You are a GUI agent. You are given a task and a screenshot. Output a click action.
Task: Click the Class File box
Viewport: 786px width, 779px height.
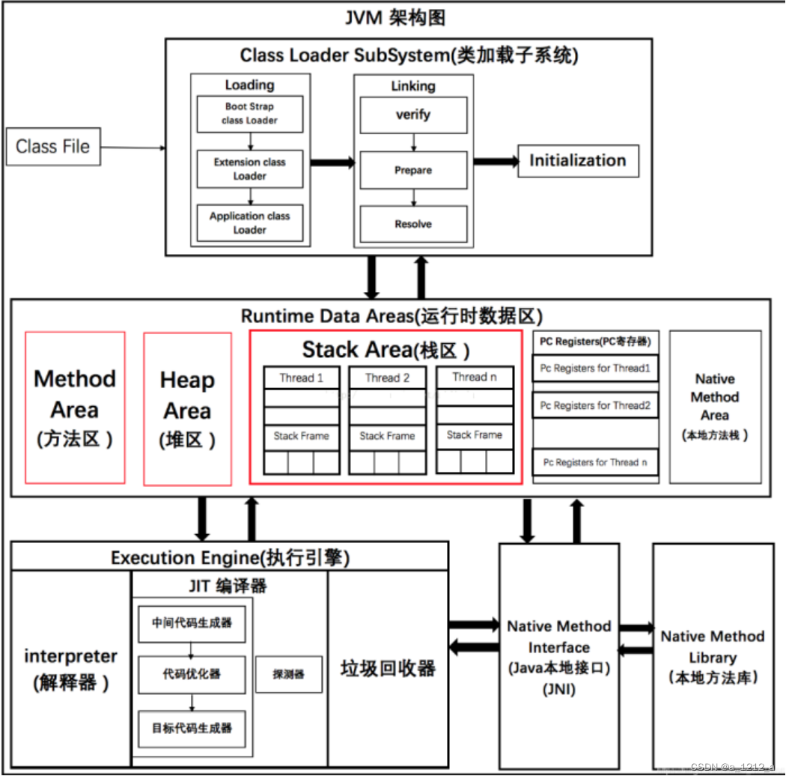(x=52, y=146)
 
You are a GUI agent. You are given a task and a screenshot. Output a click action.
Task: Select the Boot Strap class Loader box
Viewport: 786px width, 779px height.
(x=249, y=114)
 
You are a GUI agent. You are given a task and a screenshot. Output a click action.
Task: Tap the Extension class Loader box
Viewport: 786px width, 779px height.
(x=249, y=169)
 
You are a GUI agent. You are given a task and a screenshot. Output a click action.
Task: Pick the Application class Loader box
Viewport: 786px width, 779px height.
(x=249, y=222)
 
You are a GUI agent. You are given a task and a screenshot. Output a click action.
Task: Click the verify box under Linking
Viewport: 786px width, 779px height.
(x=413, y=115)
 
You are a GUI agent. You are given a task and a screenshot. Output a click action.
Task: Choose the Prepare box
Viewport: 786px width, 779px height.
(x=413, y=170)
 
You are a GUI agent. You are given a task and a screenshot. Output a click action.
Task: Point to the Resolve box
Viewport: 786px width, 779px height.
(x=413, y=224)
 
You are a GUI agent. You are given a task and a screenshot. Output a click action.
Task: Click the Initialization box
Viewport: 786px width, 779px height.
(x=578, y=160)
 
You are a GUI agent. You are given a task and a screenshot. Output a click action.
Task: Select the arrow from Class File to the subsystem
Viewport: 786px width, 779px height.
(x=133, y=147)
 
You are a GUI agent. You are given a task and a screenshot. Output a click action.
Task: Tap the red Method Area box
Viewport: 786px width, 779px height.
(x=75, y=407)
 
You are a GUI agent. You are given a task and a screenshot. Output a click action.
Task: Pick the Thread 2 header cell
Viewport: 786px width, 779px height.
(x=387, y=378)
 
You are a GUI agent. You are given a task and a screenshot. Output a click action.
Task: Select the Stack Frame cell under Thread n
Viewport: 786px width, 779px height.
(x=475, y=434)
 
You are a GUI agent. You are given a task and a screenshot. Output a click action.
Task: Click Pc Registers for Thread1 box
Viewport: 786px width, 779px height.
(x=595, y=369)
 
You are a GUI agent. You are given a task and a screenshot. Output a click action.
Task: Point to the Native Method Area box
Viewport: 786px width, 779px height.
(x=715, y=407)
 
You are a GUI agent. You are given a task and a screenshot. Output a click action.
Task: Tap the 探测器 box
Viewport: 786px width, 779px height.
(x=289, y=674)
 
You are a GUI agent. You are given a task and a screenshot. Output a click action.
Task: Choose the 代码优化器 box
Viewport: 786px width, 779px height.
(x=192, y=673)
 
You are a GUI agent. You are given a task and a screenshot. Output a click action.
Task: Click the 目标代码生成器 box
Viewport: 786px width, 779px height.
(x=192, y=727)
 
